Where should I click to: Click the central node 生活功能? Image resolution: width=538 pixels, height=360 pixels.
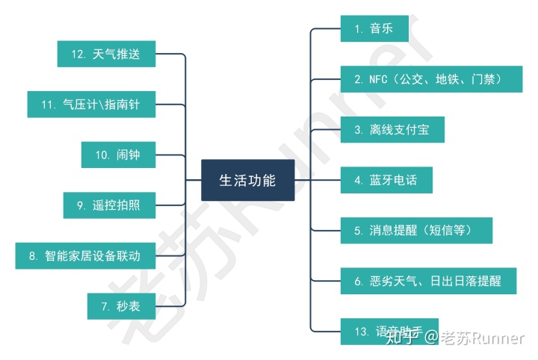pyautogui.click(x=247, y=180)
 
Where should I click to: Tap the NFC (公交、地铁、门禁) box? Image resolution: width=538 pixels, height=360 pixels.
pyautogui.click(x=431, y=78)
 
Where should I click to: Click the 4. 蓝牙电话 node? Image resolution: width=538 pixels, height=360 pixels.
pyautogui.click(x=386, y=179)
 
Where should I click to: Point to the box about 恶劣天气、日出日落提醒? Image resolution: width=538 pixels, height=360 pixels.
pyautogui.click(x=431, y=281)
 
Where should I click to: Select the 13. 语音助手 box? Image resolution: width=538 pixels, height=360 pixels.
pyautogui.click(x=389, y=331)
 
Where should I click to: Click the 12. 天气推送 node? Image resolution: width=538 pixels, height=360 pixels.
pyautogui.click(x=106, y=54)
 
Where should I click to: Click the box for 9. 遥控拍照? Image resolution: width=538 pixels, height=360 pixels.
pyautogui.click(x=110, y=205)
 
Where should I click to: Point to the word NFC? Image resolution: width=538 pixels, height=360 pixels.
pyautogui.click(x=377, y=78)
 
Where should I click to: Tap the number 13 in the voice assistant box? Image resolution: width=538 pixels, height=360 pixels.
pyautogui.click(x=360, y=331)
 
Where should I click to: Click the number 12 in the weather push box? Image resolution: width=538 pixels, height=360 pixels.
pyautogui.click(x=78, y=54)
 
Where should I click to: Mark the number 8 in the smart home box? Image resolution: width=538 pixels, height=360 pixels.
pyautogui.click(x=33, y=255)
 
